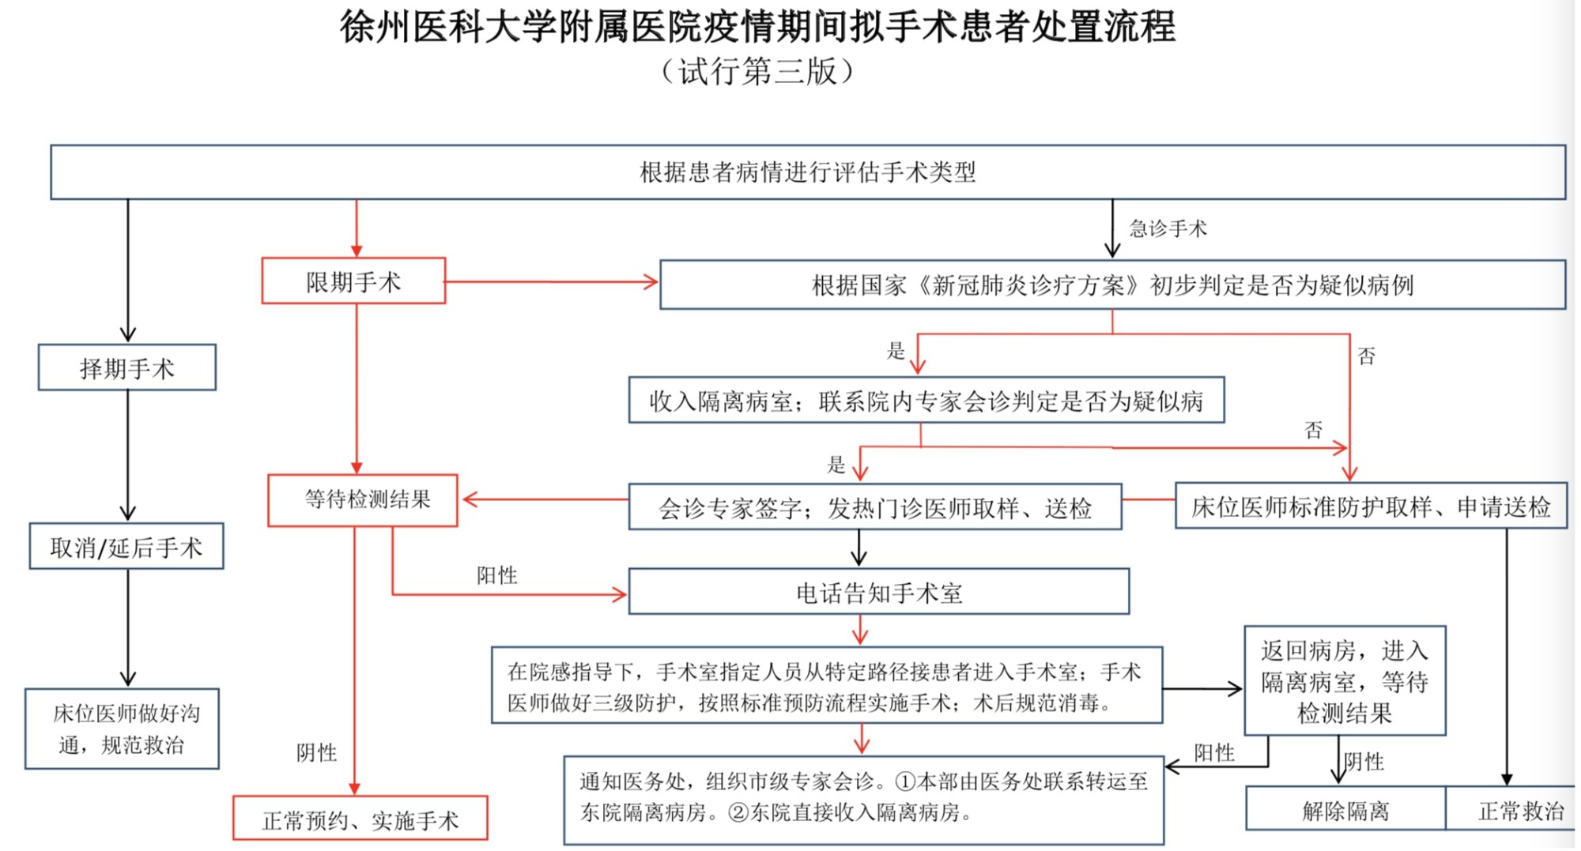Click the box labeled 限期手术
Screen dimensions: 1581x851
(353, 281)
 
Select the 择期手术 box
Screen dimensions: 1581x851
(127, 367)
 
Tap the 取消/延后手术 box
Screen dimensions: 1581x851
(126, 546)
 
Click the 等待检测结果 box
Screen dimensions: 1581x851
(363, 500)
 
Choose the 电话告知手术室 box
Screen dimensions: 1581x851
(879, 591)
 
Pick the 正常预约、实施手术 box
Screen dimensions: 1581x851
(360, 818)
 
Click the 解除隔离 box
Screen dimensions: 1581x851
(1345, 808)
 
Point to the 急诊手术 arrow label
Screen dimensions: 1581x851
(1168, 229)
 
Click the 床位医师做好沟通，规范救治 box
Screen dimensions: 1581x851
(122, 729)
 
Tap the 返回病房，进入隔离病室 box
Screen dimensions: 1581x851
(1345, 681)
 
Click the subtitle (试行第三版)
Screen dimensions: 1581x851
(757, 71)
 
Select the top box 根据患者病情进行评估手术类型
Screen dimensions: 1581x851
(808, 171)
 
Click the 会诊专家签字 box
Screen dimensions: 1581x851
(875, 507)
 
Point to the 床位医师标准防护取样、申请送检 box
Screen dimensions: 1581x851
(1371, 506)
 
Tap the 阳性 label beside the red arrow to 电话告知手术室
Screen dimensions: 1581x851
(496, 575)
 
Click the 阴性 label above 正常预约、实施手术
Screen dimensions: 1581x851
(316, 752)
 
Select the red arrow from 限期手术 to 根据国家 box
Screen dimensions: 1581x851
(552, 281)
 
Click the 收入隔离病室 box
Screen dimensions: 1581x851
(926, 400)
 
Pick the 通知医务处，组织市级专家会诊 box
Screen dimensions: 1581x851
(864, 800)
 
